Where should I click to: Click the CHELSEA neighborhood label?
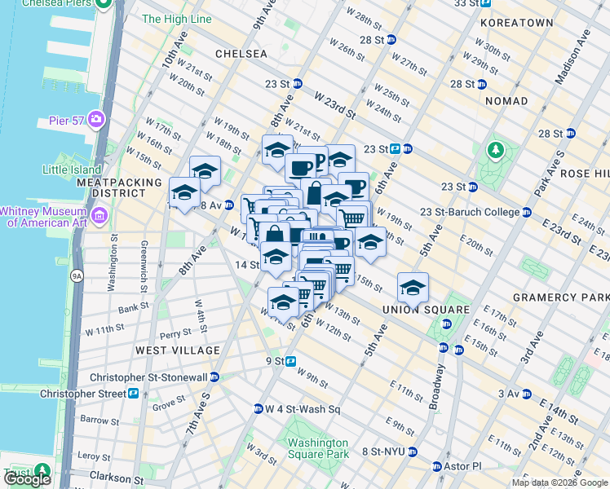click(241, 53)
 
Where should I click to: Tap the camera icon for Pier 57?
click(97, 121)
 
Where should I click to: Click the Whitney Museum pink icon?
click(100, 216)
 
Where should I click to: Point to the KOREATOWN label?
click(515, 24)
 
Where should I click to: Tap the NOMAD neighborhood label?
click(506, 101)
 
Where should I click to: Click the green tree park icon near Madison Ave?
click(495, 151)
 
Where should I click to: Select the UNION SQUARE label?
click(426, 310)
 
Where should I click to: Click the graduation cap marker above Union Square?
click(413, 287)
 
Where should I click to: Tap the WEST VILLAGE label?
click(178, 350)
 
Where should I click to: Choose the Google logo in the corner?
click(27, 479)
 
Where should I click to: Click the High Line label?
click(177, 19)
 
